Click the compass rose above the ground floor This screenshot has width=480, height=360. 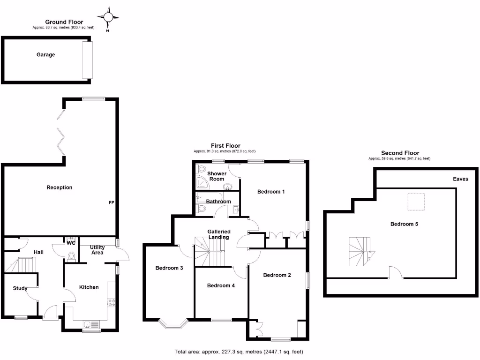click(x=109, y=18)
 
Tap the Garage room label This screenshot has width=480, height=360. click(x=46, y=55)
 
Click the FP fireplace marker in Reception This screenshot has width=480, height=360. click(x=112, y=202)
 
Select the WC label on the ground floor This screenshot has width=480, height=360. click(x=71, y=243)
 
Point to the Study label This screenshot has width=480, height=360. click(x=20, y=288)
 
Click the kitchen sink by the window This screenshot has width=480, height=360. click(x=88, y=324)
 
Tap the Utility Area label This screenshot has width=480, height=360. click(x=97, y=250)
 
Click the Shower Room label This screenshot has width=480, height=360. click(x=217, y=176)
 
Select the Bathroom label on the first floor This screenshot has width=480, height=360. click(x=218, y=202)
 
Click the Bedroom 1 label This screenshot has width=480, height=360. click(x=271, y=192)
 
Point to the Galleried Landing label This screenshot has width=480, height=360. click(x=219, y=234)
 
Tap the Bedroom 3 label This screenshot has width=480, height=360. click(x=169, y=268)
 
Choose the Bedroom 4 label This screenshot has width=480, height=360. click(x=221, y=285)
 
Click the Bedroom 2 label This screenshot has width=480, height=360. click(x=277, y=275)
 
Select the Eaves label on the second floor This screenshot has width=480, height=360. click(x=460, y=179)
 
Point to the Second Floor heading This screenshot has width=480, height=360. click(x=400, y=153)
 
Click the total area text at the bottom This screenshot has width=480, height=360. click(x=240, y=352)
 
